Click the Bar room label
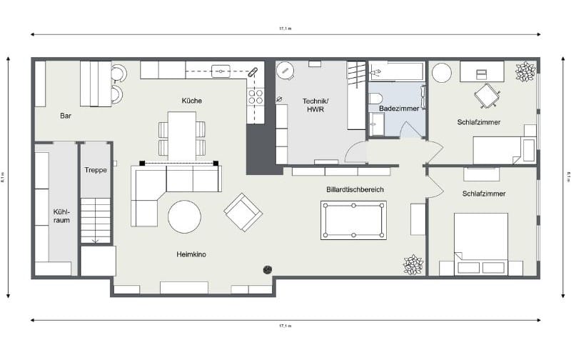[66, 115]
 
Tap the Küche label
[191, 101]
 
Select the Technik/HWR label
[314, 104]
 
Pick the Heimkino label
[191, 254]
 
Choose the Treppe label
[96, 170]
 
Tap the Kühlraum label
[61, 216]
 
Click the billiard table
[353, 219]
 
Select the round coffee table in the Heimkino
[184, 216]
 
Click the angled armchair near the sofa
[243, 212]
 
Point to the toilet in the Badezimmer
[377, 98]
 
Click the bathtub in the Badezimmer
[396, 71]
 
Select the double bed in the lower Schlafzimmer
[480, 243]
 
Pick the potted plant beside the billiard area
[413, 265]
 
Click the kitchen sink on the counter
[221, 71]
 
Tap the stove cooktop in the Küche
[256, 96]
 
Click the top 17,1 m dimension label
[285, 28]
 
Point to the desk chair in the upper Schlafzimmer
[487, 95]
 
